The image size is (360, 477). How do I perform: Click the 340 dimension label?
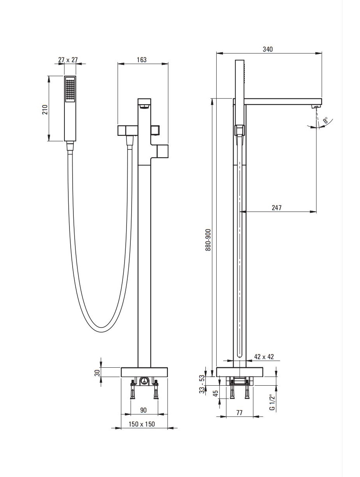click(267, 49)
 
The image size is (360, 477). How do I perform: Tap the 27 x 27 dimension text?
click(68, 60)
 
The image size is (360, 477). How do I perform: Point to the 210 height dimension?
click(45, 109)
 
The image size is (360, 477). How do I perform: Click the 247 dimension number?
click(276, 208)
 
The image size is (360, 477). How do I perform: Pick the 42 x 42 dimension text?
click(264, 356)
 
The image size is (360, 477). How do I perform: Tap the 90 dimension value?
click(143, 410)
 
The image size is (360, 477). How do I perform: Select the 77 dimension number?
click(239, 413)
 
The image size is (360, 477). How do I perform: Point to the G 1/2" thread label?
click(272, 402)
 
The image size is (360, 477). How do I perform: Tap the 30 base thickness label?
click(98, 372)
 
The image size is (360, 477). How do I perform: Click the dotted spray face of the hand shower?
click(70, 89)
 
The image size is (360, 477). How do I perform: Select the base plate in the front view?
click(144, 372)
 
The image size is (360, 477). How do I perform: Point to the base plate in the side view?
click(240, 372)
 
